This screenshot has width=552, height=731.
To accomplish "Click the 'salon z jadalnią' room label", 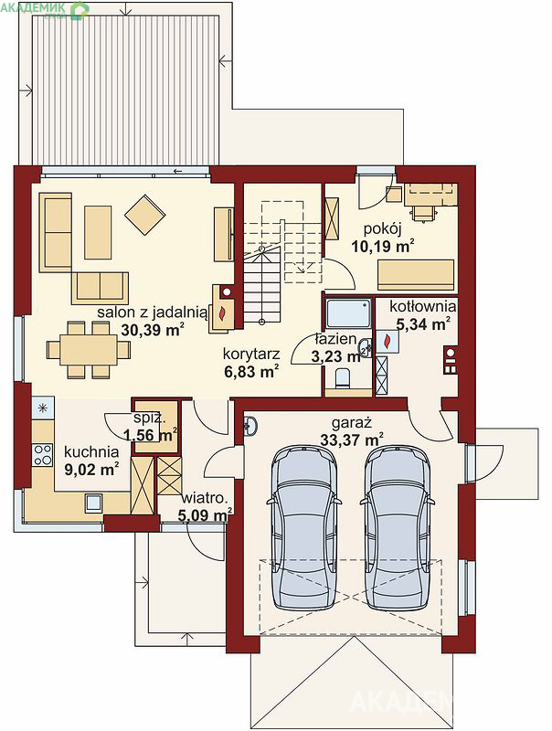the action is tap(152, 313).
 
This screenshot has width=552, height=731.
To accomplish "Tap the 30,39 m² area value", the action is tap(153, 330).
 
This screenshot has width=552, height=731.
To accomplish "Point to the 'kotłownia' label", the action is tap(422, 306).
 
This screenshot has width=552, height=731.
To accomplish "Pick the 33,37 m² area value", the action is tap(352, 440).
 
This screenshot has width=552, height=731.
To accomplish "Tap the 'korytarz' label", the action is tap(251, 354).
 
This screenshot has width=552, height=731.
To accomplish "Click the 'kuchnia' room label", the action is tap(91, 451).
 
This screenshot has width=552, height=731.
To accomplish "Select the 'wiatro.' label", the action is tap(205, 498).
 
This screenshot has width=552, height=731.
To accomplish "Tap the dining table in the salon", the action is tap(89, 350).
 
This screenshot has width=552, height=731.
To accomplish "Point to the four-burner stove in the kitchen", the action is tap(43, 455).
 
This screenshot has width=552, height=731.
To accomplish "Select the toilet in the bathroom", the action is tap(344, 377).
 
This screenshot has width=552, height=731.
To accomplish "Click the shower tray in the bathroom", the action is tap(348, 313).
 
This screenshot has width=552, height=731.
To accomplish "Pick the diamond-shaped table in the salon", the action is tap(145, 215).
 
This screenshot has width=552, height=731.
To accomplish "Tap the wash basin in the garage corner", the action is tap(249, 426).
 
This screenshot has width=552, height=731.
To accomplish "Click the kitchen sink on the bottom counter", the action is tap(93, 503).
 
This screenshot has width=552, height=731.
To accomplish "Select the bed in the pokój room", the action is tap(416, 275).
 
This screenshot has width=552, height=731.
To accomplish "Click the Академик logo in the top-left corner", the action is tap(45, 10).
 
